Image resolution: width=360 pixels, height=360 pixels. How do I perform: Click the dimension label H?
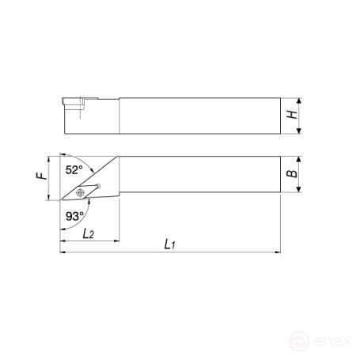tap(292, 114)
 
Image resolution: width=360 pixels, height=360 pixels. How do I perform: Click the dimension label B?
tap(292, 173)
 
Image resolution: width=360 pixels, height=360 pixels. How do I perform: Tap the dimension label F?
tap(42, 176)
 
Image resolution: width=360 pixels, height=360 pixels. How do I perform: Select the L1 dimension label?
tap(169, 244)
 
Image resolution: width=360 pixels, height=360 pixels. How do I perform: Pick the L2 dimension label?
tap(88, 233)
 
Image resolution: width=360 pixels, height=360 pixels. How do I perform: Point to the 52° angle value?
tap(74, 170)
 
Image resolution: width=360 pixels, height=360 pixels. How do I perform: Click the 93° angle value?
tap(74, 216)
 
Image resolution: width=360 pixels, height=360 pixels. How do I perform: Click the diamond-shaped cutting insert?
tap(80, 193)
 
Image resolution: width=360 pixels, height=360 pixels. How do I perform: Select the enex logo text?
tap(332, 341)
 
